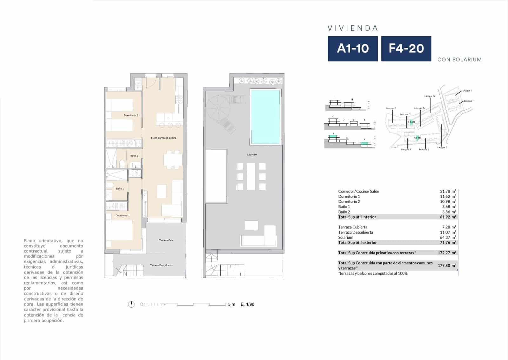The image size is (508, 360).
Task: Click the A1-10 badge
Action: click(353, 48)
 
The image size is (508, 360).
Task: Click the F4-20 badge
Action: click(406, 48)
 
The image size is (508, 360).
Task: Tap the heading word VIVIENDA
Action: click(353, 28)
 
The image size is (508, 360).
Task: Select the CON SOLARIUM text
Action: click(459, 59)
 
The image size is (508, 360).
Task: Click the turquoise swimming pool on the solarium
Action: click(265, 117)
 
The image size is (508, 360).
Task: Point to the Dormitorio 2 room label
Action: click(131, 115)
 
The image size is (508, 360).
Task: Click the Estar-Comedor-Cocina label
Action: click(164, 138)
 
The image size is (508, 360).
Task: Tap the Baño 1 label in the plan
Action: click(120, 189)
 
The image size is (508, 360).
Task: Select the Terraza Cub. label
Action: click(166, 240)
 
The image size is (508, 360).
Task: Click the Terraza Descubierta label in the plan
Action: click(161, 265)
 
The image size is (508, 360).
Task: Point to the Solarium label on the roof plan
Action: click(252, 155)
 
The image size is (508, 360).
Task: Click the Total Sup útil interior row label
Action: click(357, 217)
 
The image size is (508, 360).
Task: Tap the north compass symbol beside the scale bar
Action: click(131, 304)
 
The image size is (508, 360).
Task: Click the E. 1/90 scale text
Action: click(247, 304)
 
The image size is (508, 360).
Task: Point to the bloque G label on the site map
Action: click(429, 96)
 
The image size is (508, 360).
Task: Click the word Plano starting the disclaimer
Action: click(30, 241)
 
